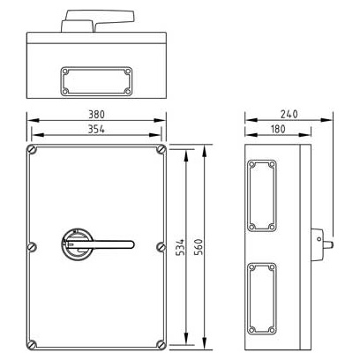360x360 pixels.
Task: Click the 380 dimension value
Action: [96, 115]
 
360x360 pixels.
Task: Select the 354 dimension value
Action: [96, 129]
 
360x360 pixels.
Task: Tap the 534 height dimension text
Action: [181, 247]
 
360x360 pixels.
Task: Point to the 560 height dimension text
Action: [199, 247]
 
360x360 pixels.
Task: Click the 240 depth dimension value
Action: [289, 114]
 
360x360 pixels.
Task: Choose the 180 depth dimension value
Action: [278, 129]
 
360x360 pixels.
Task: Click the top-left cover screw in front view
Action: [32, 150]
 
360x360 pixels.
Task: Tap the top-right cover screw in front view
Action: [161, 150]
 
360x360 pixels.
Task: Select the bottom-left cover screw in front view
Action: [32, 344]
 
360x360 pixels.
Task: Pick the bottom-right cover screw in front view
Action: [161, 344]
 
